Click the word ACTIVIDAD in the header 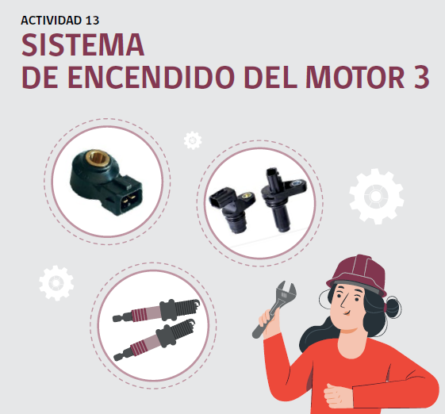51,20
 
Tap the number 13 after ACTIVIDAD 92,20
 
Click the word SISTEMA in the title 82,45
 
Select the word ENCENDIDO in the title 152,77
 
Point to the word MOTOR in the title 355,77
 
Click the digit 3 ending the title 421,77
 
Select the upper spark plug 156,310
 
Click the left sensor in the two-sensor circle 232,208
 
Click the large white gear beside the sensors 376,196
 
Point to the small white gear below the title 193,140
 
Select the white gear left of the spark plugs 56,283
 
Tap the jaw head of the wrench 286,293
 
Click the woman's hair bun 393,308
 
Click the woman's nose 344,303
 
